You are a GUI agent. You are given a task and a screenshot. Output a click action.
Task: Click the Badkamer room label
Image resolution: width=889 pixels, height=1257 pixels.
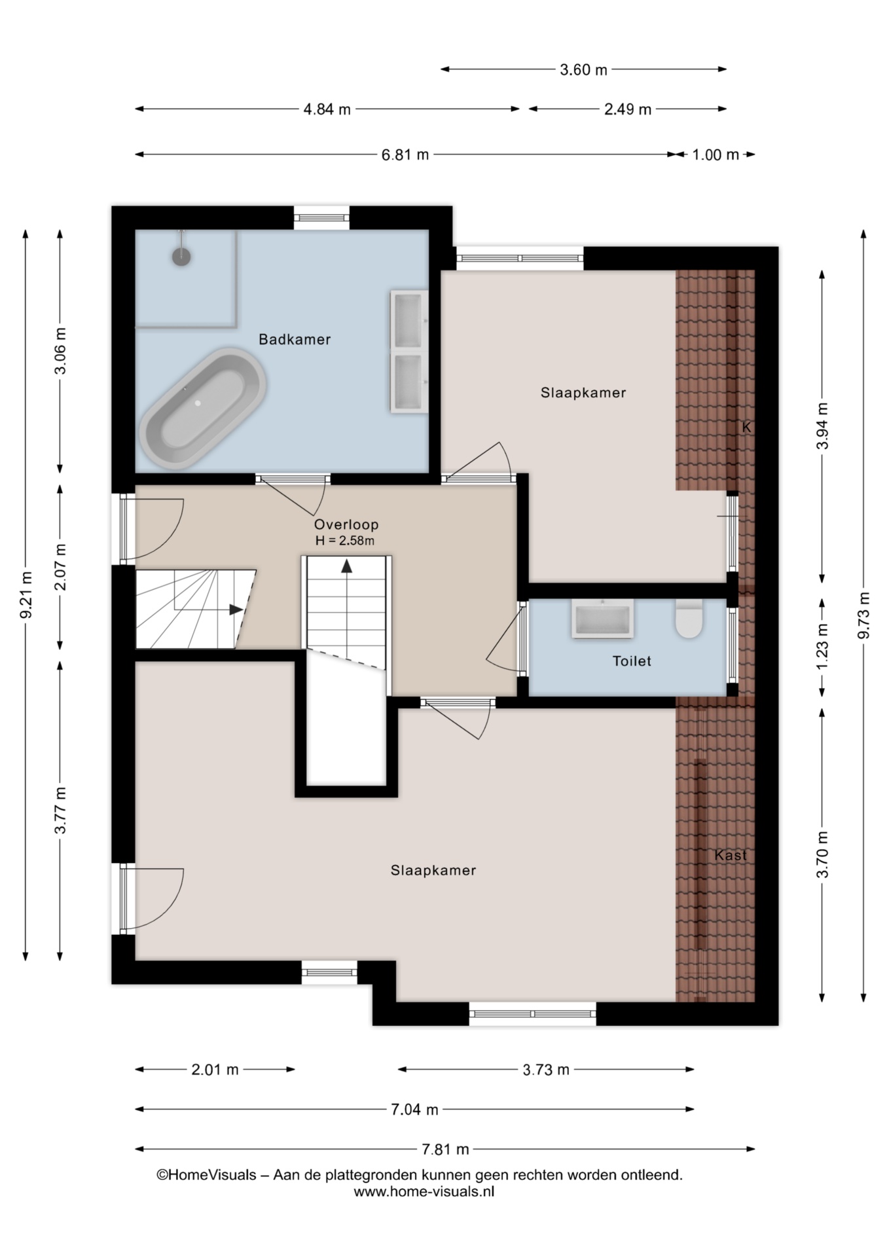point(295,339)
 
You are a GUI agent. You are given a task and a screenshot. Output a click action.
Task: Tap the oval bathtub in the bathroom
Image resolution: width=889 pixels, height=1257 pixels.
point(203,408)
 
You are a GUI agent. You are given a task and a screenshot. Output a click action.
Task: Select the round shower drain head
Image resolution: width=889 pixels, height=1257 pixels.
point(181,256)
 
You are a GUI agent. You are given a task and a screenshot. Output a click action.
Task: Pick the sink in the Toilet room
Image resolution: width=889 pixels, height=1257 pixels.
point(602,618)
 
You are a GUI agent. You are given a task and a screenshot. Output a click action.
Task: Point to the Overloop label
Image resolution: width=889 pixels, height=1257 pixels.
point(346,524)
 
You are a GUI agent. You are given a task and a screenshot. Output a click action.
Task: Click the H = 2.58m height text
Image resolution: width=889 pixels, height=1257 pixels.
point(345,541)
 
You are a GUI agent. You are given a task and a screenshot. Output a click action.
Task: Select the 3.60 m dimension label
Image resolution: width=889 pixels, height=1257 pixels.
point(583,69)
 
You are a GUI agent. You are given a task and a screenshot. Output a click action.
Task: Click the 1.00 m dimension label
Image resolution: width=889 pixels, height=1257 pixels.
point(716,155)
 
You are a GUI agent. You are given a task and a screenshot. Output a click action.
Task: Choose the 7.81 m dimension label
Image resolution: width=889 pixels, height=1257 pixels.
point(445,1149)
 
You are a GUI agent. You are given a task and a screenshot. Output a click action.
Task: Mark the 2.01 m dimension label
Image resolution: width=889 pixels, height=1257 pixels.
point(215,1070)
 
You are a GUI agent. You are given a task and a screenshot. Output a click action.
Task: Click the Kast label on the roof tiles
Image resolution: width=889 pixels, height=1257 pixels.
point(731,855)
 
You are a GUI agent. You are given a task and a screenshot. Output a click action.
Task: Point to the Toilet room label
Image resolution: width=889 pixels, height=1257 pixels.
point(632,661)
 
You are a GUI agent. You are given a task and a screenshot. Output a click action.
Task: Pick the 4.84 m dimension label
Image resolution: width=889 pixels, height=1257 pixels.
point(327,109)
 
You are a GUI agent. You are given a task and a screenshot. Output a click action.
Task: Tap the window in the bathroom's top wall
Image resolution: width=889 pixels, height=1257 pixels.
point(321,218)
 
